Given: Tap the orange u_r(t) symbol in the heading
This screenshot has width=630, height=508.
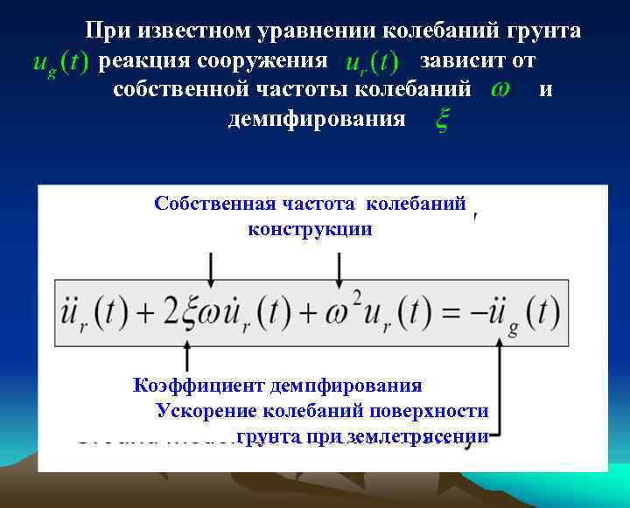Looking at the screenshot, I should point(370,64).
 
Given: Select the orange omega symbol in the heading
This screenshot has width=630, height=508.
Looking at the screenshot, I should point(500,89).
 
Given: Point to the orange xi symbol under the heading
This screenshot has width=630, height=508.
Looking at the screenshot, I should point(442,120).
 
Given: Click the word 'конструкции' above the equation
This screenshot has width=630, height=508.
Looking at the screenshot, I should point(310,229).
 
